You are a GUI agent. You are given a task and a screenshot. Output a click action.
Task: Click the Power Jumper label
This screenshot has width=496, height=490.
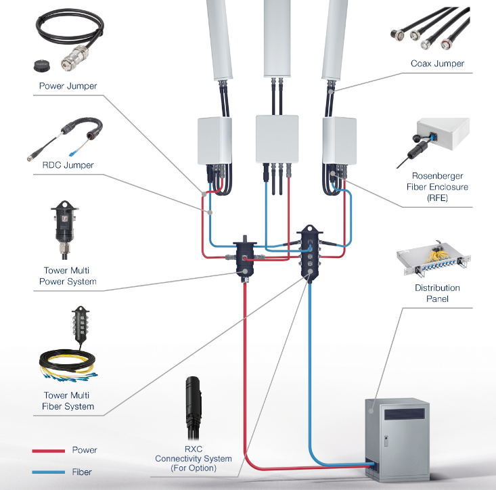coord(68,86)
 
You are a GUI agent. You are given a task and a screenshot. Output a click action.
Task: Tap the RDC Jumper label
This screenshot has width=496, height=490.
coord(63,164)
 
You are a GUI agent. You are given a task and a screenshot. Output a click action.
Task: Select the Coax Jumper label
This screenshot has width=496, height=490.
coord(437,64)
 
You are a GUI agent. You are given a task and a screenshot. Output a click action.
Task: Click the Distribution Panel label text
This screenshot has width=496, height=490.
coord(437,293)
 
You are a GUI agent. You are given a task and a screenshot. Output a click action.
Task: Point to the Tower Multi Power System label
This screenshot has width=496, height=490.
coord(66,276)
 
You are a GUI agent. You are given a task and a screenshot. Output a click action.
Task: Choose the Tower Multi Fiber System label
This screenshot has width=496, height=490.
coord(66,401)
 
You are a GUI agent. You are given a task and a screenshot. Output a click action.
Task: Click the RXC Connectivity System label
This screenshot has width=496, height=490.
coord(194,459)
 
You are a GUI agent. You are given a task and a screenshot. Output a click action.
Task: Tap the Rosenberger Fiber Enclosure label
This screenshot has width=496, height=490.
coord(437,187)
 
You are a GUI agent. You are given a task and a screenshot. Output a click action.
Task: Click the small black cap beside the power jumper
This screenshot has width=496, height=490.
coord(42,66)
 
